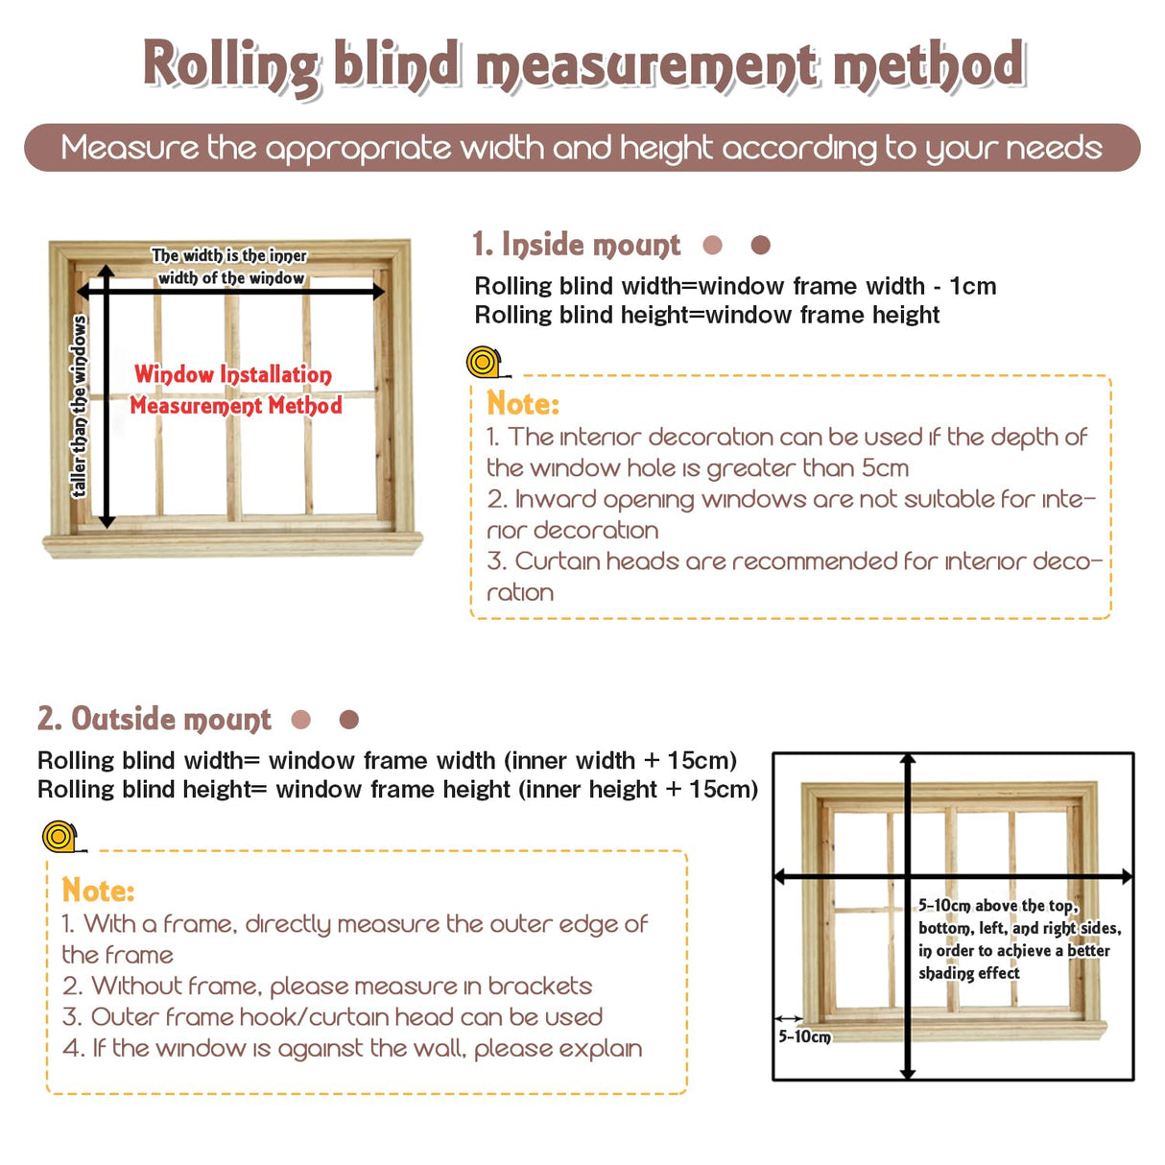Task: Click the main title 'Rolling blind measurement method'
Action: pos(583,65)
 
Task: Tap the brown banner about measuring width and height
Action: pos(582,148)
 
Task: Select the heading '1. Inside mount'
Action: pos(576,245)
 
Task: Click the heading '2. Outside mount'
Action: pos(154,719)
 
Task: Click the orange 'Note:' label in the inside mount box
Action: pos(522,403)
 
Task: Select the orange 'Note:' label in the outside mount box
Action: pos(98,891)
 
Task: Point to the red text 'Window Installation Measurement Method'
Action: pos(235,390)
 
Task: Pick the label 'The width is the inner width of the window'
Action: pos(229,267)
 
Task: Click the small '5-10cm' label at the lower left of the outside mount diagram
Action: pos(804,1036)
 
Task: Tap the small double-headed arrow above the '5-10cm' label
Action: pos(789,1018)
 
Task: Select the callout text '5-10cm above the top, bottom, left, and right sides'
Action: pos(1018,939)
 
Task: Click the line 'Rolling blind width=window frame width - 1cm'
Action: pos(735,286)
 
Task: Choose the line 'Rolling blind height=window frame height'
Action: pos(706,315)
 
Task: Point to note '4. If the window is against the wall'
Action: pos(351,1048)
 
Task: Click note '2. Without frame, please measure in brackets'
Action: pos(326,986)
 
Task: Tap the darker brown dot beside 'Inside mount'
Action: pos(761,246)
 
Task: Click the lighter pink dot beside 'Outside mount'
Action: pos(301,720)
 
